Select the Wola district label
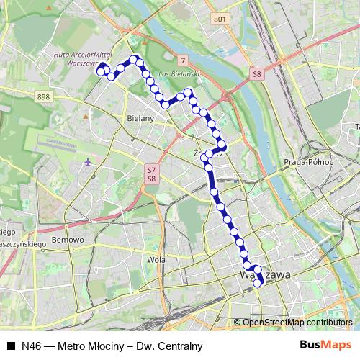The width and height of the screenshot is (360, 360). coord(156,259)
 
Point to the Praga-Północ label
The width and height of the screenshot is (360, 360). coord(307,162)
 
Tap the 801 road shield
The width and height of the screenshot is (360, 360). coord(220,19)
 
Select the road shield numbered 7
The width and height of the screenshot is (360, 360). coord(184,59)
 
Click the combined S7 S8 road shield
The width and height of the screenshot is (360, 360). coord(151,174)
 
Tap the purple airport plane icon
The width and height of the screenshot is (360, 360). coord(88,161)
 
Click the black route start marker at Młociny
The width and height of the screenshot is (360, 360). coord(103,67)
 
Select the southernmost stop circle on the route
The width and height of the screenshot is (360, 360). coord(257,282)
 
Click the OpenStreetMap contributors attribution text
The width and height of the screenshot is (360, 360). coord(297,322)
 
